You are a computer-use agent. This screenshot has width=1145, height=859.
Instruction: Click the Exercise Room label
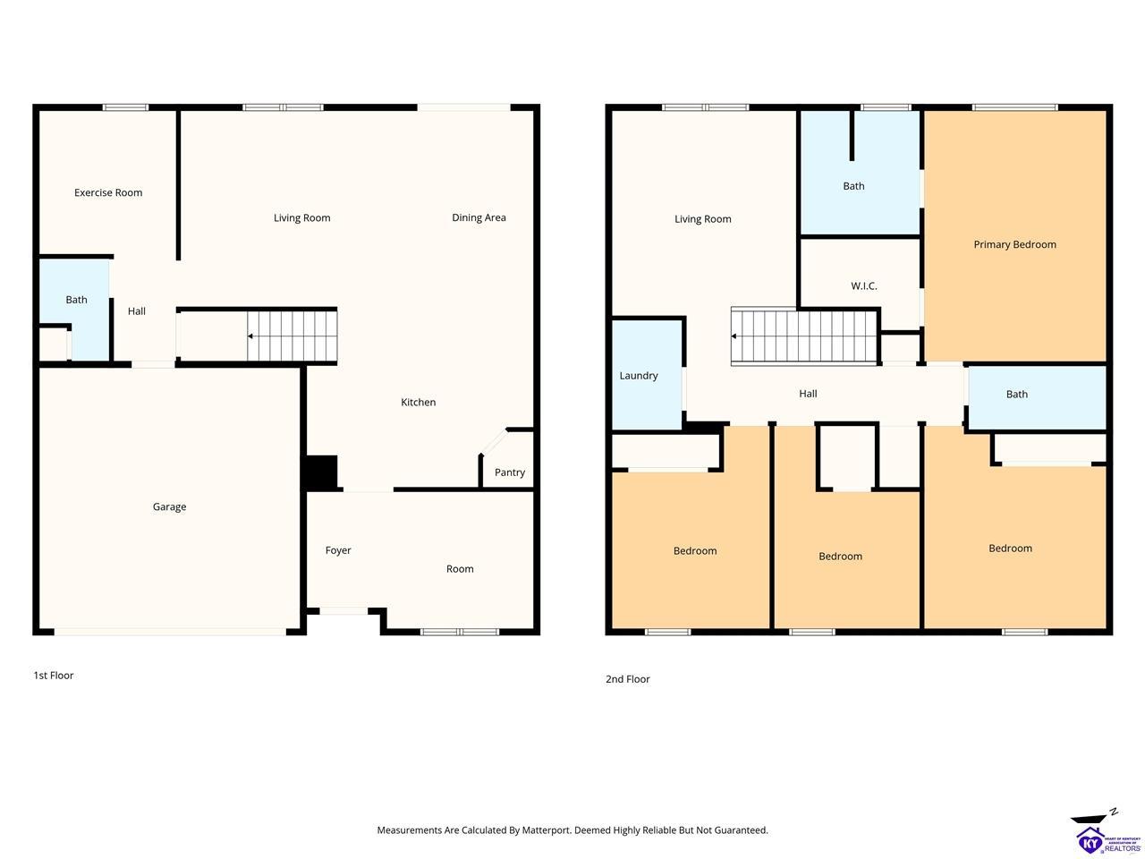pyautogui.click(x=108, y=192)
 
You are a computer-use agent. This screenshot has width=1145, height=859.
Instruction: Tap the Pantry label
pyautogui.click(x=510, y=472)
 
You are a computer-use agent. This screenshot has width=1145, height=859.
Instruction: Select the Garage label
pyautogui.click(x=170, y=507)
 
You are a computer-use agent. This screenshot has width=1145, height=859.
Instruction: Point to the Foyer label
pyautogui.click(x=338, y=551)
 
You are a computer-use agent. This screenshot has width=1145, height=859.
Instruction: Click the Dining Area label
pyautogui.click(x=479, y=217)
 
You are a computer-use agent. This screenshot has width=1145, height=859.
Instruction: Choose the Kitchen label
pyautogui.click(x=419, y=402)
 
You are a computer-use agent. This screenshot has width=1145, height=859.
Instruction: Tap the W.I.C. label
pyautogui.click(x=864, y=285)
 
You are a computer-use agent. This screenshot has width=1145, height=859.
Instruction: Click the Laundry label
pyautogui.click(x=639, y=376)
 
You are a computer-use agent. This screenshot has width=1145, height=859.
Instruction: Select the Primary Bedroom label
pyautogui.click(x=1014, y=244)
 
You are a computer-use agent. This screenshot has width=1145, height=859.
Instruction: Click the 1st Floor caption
pyautogui.click(x=53, y=676)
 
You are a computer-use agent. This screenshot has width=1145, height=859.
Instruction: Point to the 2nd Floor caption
pyautogui.click(x=628, y=679)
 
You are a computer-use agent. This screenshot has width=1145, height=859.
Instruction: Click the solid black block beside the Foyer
pyautogui.click(x=321, y=472)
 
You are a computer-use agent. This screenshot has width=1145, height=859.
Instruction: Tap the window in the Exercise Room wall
pyautogui.click(x=126, y=107)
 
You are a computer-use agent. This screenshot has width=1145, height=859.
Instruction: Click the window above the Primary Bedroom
pyautogui.click(x=1015, y=107)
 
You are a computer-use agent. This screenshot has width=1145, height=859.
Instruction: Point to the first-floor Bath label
pyautogui.click(x=76, y=300)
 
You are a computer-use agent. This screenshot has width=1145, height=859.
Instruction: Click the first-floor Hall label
pyautogui.click(x=137, y=311)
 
